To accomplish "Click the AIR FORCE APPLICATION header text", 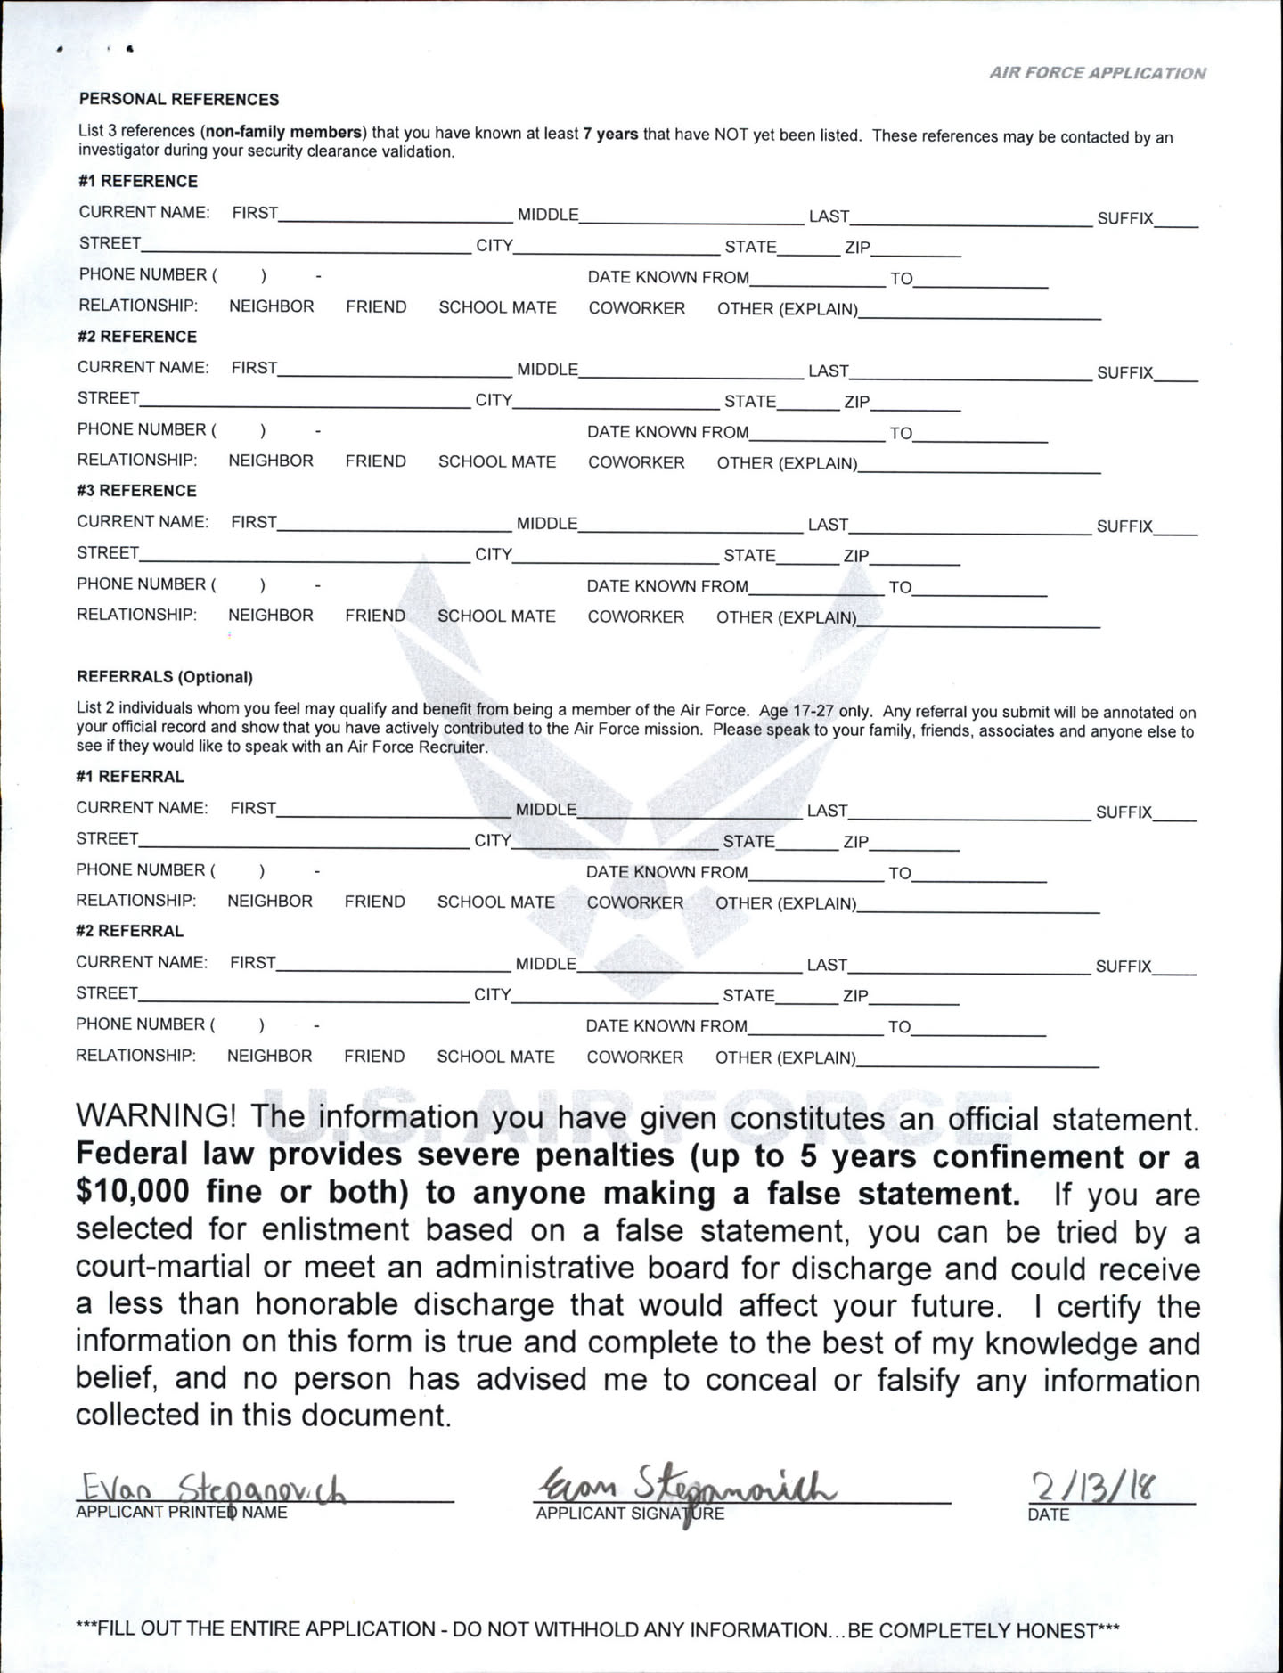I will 1097,73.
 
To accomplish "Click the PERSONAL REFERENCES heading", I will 179,99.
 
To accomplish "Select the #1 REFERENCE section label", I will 138,181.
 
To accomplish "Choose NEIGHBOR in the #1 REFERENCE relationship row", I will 272,306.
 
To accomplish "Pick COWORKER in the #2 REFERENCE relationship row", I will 636,462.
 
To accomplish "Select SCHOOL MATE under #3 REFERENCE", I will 496,616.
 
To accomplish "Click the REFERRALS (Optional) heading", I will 165,677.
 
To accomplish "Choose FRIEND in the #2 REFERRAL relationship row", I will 374,1057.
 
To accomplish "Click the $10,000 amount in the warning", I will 133,1191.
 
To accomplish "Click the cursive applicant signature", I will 686,1485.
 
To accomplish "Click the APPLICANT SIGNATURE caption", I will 630,1514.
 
